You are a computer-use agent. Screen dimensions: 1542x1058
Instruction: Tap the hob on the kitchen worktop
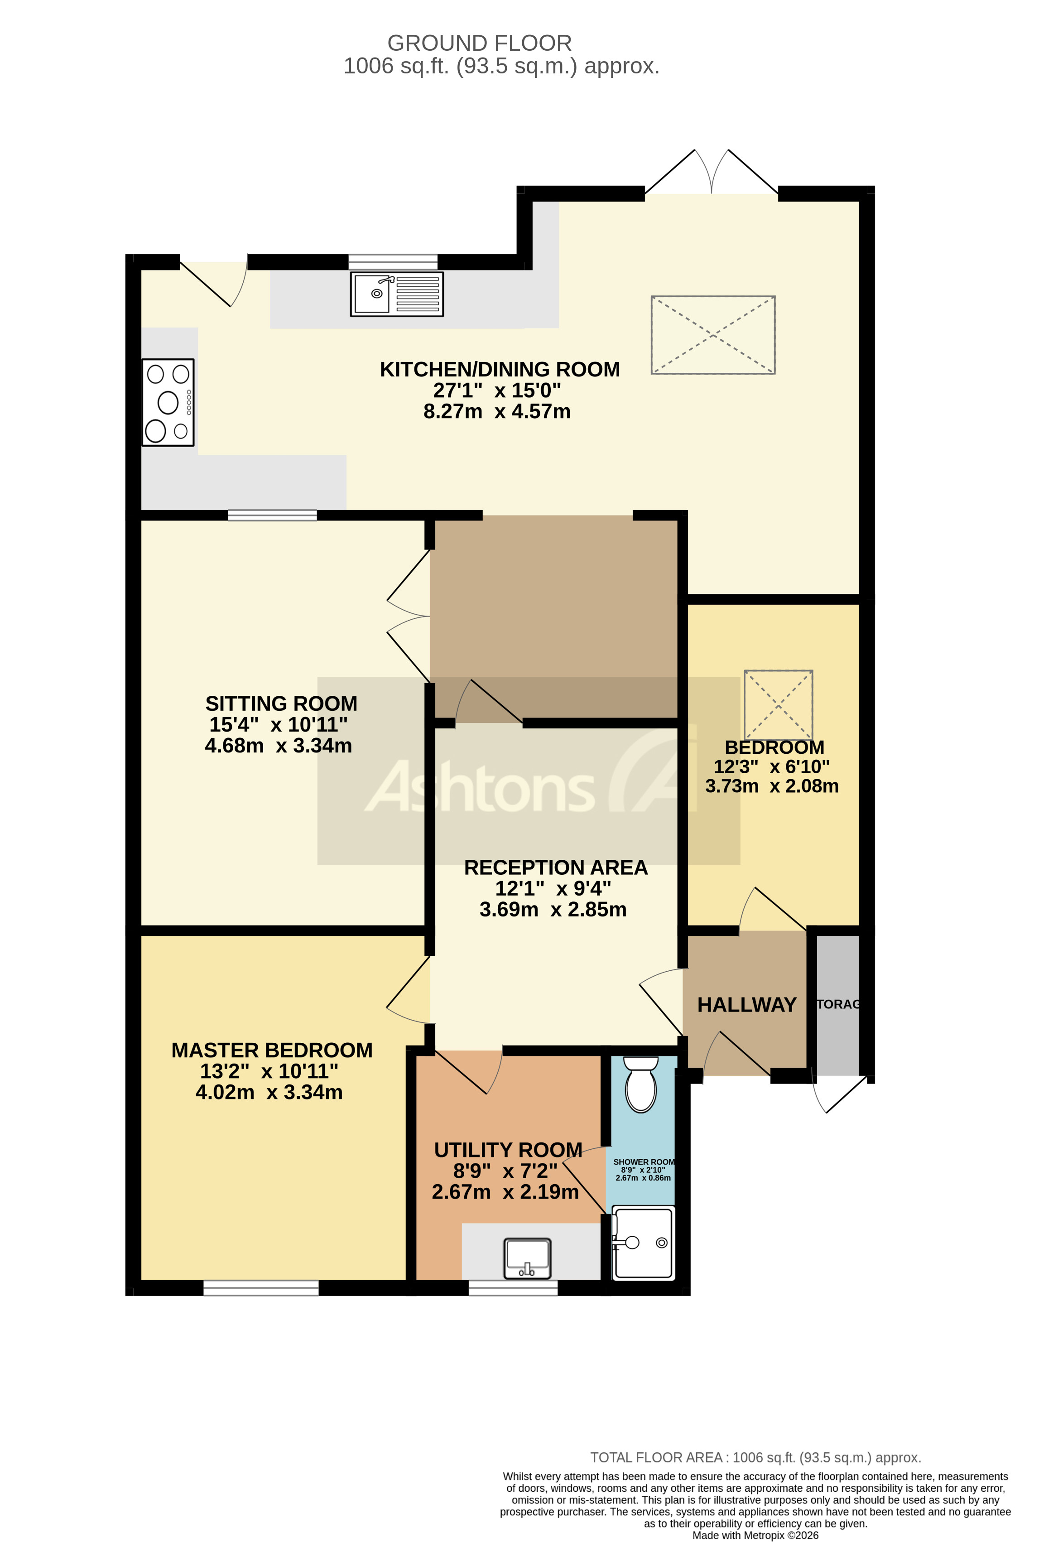168,402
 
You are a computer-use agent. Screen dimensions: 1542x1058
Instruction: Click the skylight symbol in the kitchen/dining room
712,335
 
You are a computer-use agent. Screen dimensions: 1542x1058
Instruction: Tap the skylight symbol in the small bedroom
778,705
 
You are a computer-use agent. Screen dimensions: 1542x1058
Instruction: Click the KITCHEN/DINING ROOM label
500,370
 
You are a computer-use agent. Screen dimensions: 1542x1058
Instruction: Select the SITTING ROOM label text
281,704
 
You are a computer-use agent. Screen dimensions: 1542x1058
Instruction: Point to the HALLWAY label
746,1005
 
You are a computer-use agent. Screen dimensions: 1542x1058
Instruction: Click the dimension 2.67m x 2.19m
505,1192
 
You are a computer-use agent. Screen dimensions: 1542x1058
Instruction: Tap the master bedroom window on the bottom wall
261,1288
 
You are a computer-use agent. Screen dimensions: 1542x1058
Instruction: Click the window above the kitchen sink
393,261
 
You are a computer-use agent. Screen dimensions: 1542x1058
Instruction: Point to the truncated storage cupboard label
838,1005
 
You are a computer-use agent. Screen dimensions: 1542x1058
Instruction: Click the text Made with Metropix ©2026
755,1535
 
